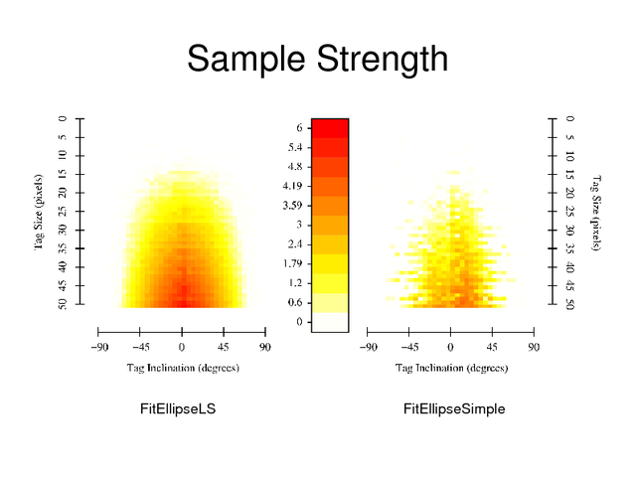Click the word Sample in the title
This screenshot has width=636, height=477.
tap(246, 61)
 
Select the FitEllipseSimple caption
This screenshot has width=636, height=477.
tap(454, 409)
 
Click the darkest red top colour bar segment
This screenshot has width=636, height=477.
tap(330, 127)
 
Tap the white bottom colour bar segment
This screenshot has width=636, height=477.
tap(330, 322)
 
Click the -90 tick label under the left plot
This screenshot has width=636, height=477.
tap(99, 347)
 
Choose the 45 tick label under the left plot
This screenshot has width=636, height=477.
tap(223, 347)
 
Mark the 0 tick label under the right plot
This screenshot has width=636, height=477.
tap(450, 347)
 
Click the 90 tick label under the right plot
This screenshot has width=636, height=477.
tap(534, 347)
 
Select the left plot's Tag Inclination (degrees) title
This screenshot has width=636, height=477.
tap(182, 368)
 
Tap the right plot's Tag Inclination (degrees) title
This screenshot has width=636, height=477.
tap(450, 368)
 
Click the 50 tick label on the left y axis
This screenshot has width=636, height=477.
tap(62, 304)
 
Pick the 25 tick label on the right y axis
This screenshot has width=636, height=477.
tap(569, 212)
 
